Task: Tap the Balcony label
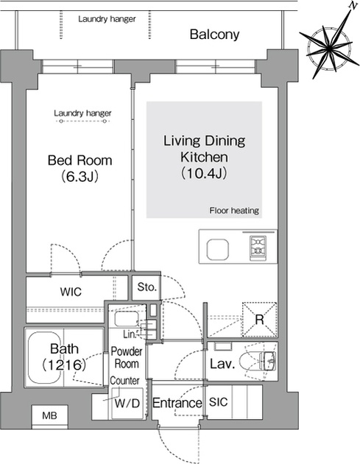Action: (x=214, y=34)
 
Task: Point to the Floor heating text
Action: (x=233, y=211)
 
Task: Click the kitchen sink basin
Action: (x=219, y=250)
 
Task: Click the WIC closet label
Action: (x=71, y=292)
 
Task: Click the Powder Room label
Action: (x=126, y=358)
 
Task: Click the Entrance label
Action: (x=177, y=403)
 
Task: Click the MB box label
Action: (x=49, y=417)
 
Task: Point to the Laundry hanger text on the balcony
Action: (x=107, y=18)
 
